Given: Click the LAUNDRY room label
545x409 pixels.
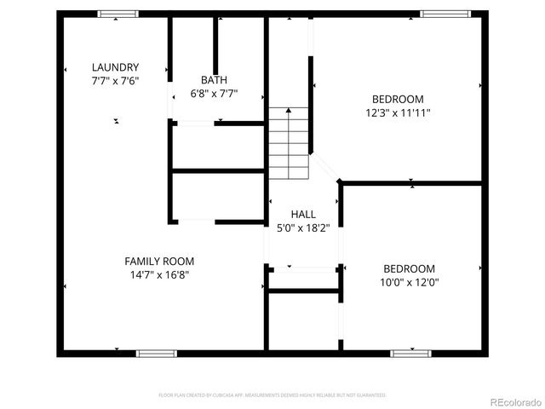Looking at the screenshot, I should click(x=116, y=67).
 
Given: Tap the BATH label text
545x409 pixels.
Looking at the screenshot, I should click(x=214, y=80).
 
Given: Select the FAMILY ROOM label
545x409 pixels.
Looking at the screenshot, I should click(x=159, y=262).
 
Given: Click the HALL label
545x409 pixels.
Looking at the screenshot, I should click(x=303, y=214).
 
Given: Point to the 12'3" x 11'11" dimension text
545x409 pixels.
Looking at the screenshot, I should click(x=397, y=112).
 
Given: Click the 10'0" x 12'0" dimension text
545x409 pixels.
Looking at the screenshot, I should click(x=409, y=282).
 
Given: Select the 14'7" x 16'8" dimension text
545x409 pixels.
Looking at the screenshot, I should click(x=159, y=275).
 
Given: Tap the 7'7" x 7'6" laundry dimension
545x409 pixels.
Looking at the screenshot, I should click(x=116, y=81).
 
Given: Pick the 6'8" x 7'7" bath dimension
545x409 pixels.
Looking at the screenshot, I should click(x=214, y=94).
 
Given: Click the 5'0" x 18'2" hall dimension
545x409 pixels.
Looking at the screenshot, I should click(x=303, y=228).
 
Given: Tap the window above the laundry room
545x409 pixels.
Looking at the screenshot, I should click(x=118, y=14).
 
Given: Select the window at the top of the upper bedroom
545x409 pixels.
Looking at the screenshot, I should click(x=444, y=14).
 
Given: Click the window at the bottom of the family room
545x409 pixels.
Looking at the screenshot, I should click(x=156, y=353).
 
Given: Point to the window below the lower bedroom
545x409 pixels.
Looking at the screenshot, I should click(x=410, y=353).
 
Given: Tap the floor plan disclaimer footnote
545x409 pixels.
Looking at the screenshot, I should click(x=272, y=395).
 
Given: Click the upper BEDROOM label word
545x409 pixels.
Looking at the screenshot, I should click(x=397, y=98).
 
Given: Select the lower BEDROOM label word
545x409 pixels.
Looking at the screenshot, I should click(x=409, y=268).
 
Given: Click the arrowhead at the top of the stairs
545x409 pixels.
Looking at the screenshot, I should click(x=289, y=110).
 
